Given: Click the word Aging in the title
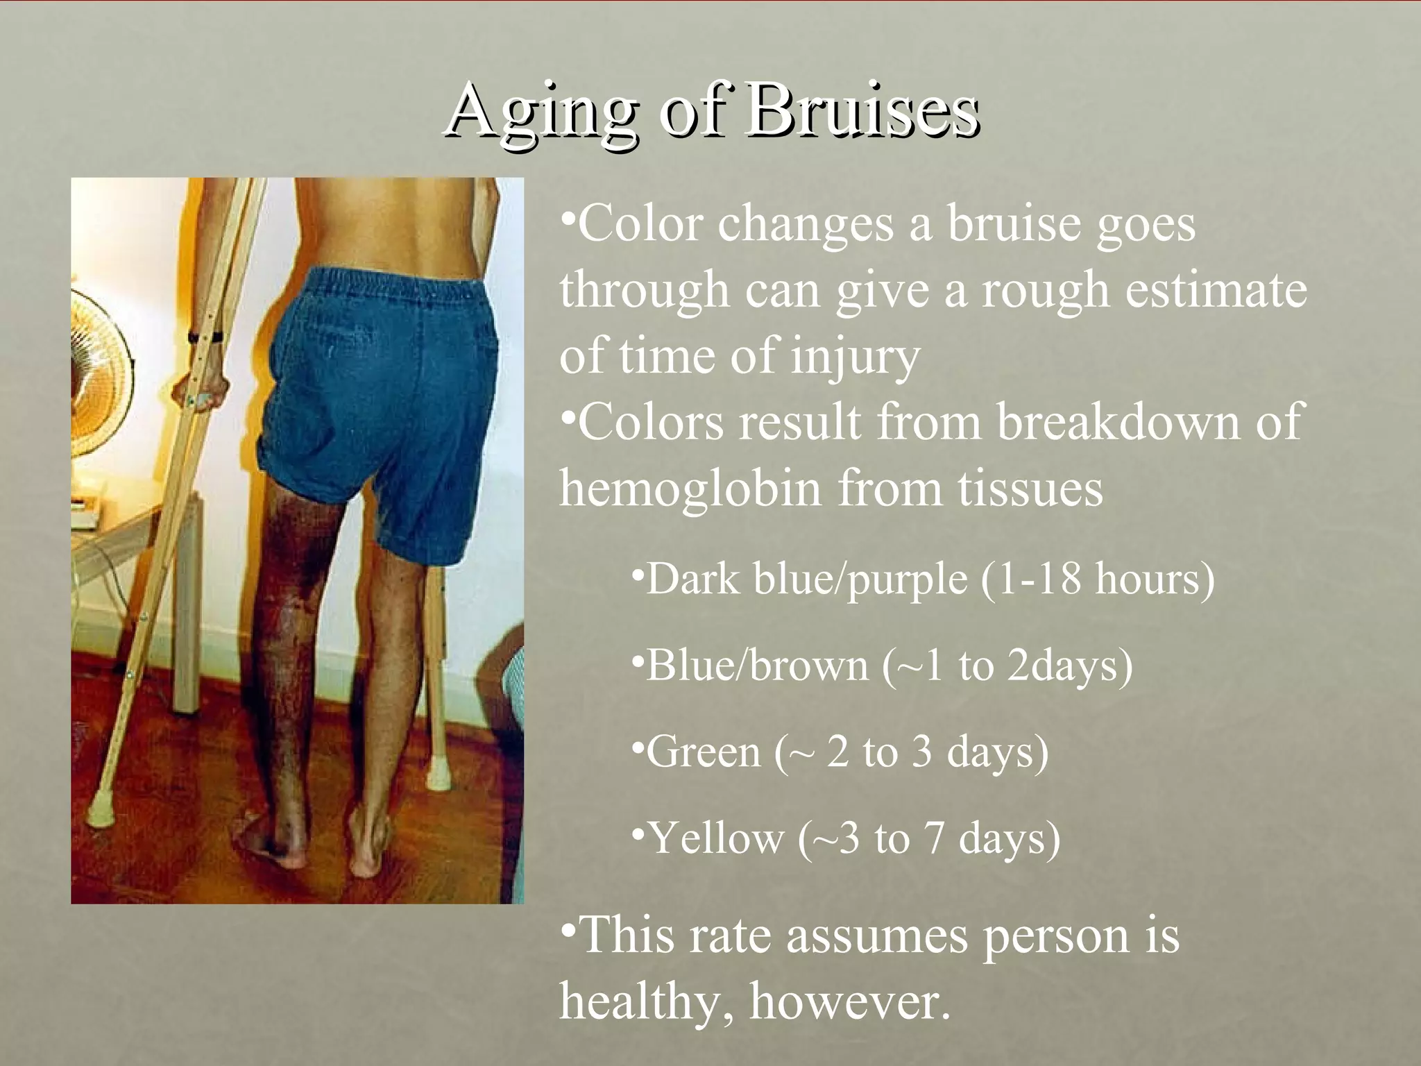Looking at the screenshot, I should click(x=541, y=111).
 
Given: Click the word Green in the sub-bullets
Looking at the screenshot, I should click(x=703, y=752).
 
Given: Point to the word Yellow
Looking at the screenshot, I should click(x=715, y=838).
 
